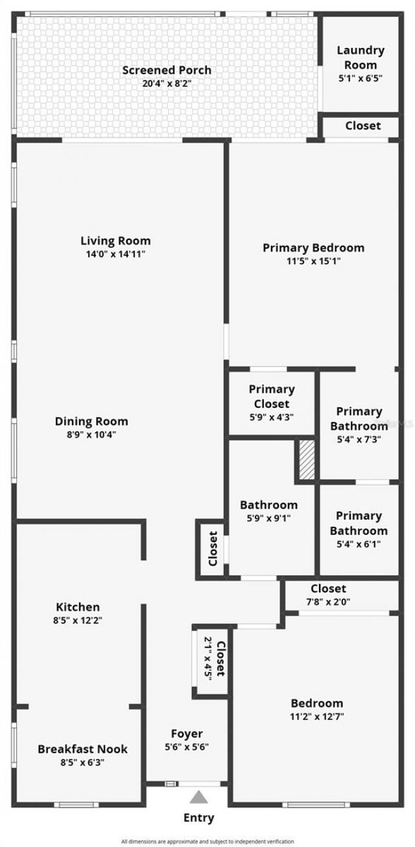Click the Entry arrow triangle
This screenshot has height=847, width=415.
(x=199, y=797)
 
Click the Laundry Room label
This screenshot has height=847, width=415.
(x=361, y=57)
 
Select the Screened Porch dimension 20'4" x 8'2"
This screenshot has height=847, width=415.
(x=167, y=83)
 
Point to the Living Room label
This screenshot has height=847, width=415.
(x=115, y=241)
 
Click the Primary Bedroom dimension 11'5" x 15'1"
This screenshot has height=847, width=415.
(x=313, y=261)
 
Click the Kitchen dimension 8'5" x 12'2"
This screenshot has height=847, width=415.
(x=78, y=620)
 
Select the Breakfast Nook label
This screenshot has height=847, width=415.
(x=82, y=749)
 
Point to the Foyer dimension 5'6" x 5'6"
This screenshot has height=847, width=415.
(x=187, y=746)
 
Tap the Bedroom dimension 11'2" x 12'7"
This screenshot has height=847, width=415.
(x=316, y=717)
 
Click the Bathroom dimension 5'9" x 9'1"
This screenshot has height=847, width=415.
(x=269, y=518)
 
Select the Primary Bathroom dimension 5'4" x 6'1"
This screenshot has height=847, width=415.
(x=359, y=544)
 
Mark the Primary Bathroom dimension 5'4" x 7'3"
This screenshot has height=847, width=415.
(x=359, y=439)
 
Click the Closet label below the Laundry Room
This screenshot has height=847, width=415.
(x=362, y=126)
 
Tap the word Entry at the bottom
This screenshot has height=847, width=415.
(x=198, y=818)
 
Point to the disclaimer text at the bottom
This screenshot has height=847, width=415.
(x=207, y=841)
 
